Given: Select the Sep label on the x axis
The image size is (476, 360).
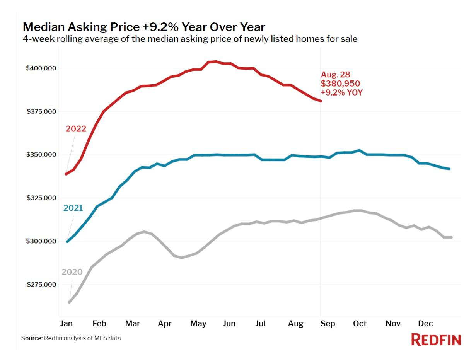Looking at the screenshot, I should point(328,324).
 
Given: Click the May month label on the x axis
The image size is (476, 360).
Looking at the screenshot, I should point(198,324).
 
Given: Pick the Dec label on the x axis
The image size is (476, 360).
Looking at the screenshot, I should point(425,324).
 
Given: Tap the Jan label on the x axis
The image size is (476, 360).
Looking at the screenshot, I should point(67,324).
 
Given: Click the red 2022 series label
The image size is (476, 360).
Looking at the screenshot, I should point(76,129).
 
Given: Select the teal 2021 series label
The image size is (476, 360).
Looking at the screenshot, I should point(73,208).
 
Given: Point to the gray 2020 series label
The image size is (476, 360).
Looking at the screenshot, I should point(72,272).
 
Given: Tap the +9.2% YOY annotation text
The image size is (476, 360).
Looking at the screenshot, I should point(342,92).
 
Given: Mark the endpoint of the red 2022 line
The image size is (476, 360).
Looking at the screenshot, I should point(321,101).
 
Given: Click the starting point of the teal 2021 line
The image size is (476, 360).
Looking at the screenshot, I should point(67,242).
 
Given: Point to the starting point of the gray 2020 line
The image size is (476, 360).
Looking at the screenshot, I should point(69,302).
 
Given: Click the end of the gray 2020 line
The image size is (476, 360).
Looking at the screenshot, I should point(451,237).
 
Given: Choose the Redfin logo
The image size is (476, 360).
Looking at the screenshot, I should point(436,340).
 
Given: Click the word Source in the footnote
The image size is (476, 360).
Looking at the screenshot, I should point(31,338).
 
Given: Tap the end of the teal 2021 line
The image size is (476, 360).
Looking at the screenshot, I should point(449,169).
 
